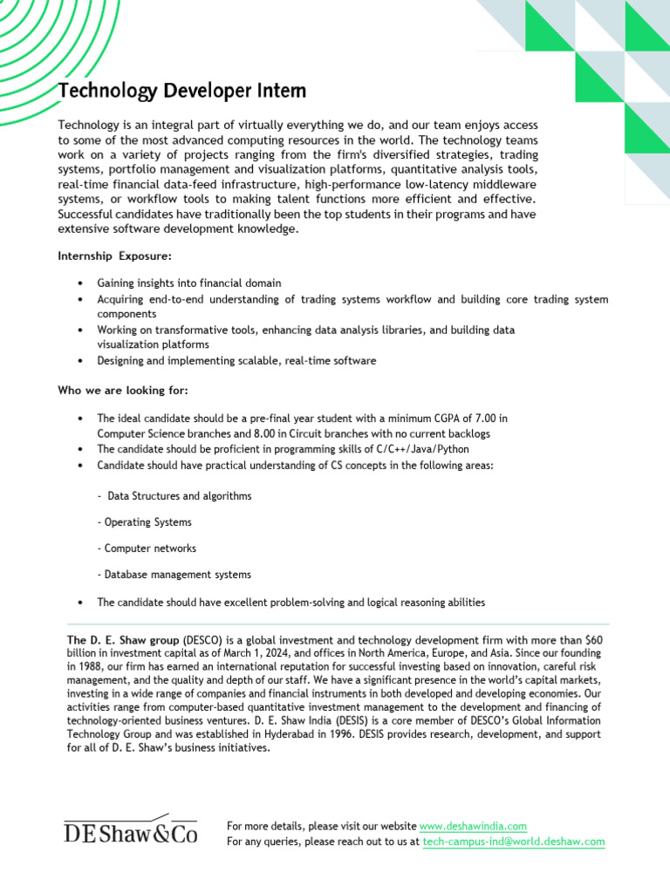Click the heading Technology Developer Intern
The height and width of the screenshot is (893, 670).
pyautogui.click(x=182, y=91)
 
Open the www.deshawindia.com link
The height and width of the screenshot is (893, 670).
pyautogui.click(x=473, y=826)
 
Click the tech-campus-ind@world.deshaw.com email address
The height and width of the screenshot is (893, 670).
pyautogui.click(x=513, y=842)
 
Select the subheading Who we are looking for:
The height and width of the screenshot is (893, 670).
pyautogui.click(x=123, y=390)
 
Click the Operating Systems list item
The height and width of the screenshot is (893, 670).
pyautogui.click(x=144, y=522)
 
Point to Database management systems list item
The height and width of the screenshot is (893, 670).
pyautogui.click(x=174, y=575)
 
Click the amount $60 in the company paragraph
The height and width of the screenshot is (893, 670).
pyautogui.click(x=593, y=639)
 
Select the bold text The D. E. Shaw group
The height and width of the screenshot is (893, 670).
pyautogui.click(x=123, y=639)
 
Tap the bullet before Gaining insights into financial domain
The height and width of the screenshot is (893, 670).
pyautogui.click(x=80, y=283)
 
